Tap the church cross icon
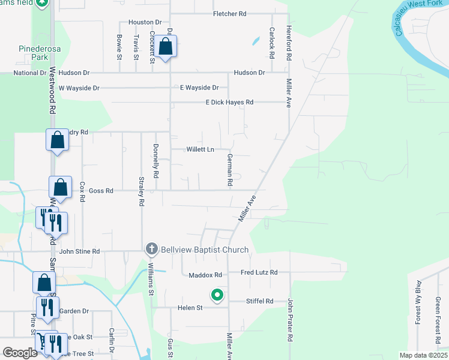[152, 248]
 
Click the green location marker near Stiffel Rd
[217, 295]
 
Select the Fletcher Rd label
[230, 13]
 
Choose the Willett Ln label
[200, 149]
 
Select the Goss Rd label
[101, 191]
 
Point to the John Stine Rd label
[79, 251]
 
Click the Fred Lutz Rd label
[259, 272]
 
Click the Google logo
[19, 353]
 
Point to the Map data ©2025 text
[423, 355]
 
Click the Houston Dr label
[142, 22]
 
